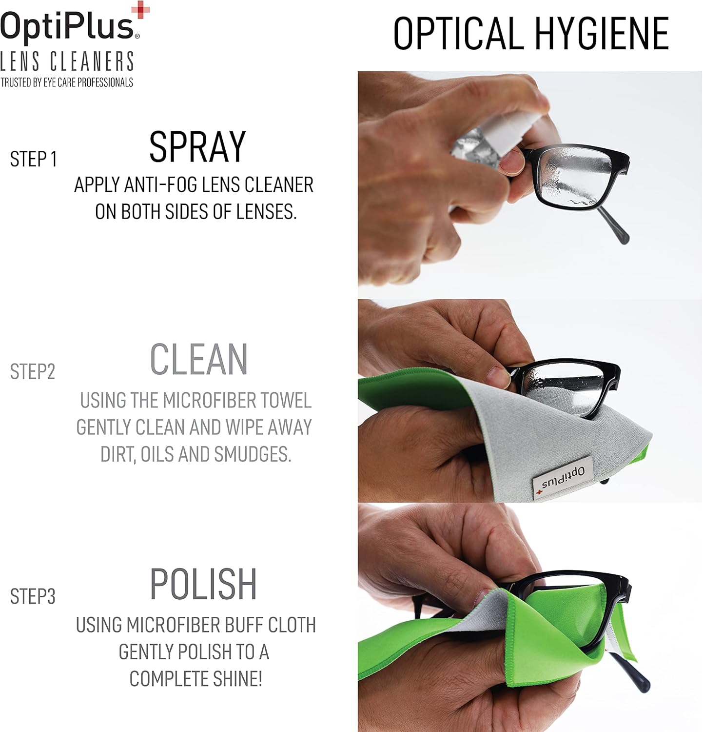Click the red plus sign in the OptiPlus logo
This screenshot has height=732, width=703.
pyautogui.click(x=141, y=10)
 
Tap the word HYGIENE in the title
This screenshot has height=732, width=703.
pyautogui.click(x=602, y=33)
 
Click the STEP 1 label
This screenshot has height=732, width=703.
pyautogui.click(x=33, y=159)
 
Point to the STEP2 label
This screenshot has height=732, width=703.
pyautogui.click(x=33, y=372)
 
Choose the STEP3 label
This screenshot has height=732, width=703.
pyautogui.click(x=33, y=596)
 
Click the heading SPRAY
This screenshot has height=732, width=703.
pyautogui.click(x=197, y=146)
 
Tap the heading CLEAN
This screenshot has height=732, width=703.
pyautogui.click(x=199, y=360)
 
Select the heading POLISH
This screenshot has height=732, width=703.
pyautogui.click(x=203, y=584)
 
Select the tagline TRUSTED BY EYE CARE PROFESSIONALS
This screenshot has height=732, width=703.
pyautogui.click(x=67, y=82)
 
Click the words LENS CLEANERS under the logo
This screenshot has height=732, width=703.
pyautogui.click(x=67, y=62)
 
